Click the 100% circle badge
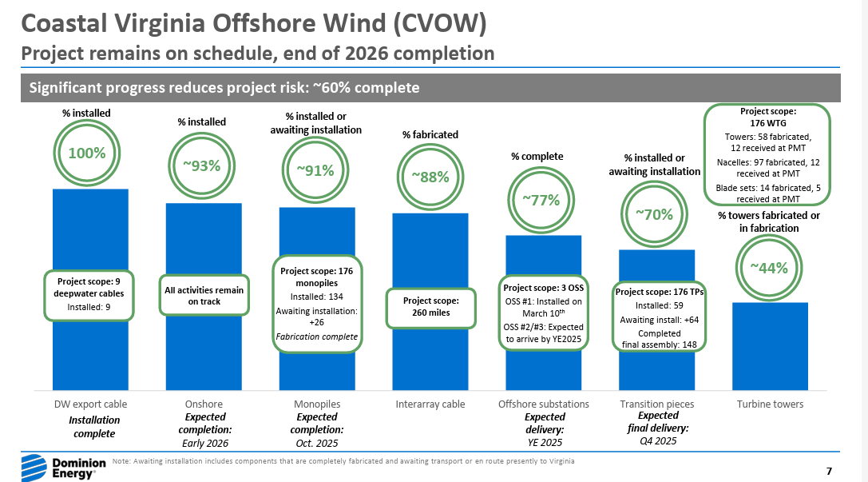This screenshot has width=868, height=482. pos(85,152)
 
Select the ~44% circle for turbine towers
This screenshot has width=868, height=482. pos(769,268)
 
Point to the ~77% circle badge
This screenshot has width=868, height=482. pos(545,201)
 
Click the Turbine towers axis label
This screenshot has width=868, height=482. pos(770,404)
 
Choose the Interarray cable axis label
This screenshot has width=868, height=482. pos(430,404)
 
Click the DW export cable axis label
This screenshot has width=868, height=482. pos(90,404)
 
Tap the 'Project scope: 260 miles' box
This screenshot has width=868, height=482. pos(430,307)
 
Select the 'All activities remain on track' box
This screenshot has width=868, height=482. pos(204,296)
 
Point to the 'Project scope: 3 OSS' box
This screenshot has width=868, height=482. pos(544,313)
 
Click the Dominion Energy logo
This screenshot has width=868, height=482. pos(58,465)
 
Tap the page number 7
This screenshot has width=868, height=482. pos(829,470)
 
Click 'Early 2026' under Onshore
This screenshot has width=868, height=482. pos(204,443)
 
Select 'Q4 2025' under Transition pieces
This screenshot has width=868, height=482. pos(658,440)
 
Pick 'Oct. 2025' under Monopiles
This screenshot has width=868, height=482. pos(317,443)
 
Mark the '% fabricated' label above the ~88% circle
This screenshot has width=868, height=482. pos(430,134)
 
